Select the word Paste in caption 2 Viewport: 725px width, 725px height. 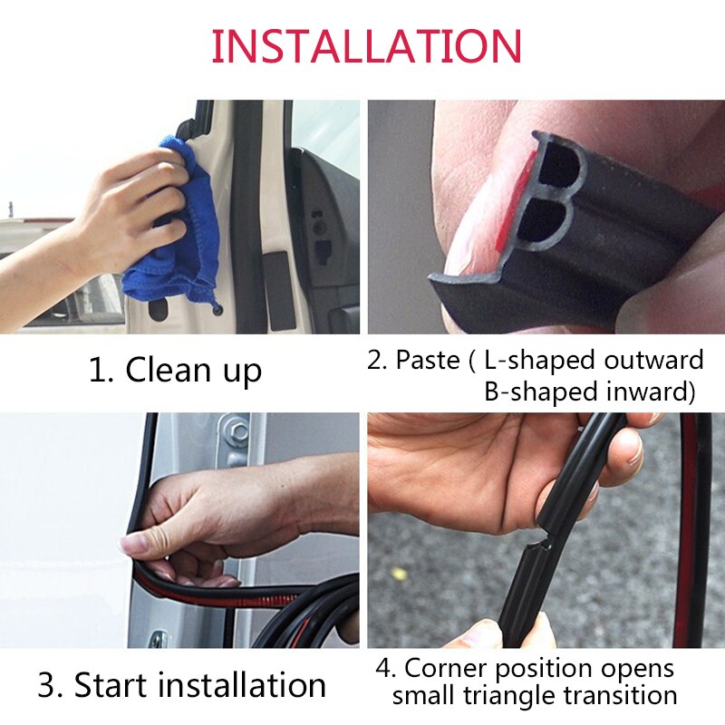[427, 360]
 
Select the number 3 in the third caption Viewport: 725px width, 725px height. [47, 684]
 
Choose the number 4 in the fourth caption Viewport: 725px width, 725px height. [385, 669]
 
